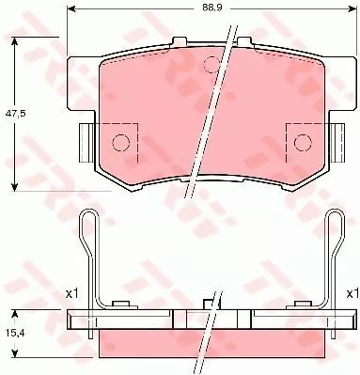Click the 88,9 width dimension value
point(212,8)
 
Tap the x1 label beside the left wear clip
point(72,294)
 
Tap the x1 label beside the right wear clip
point(352,294)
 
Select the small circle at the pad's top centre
point(211,65)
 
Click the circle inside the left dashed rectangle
point(120,143)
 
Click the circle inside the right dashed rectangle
point(303,143)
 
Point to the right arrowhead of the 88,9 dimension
point(352,8)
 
